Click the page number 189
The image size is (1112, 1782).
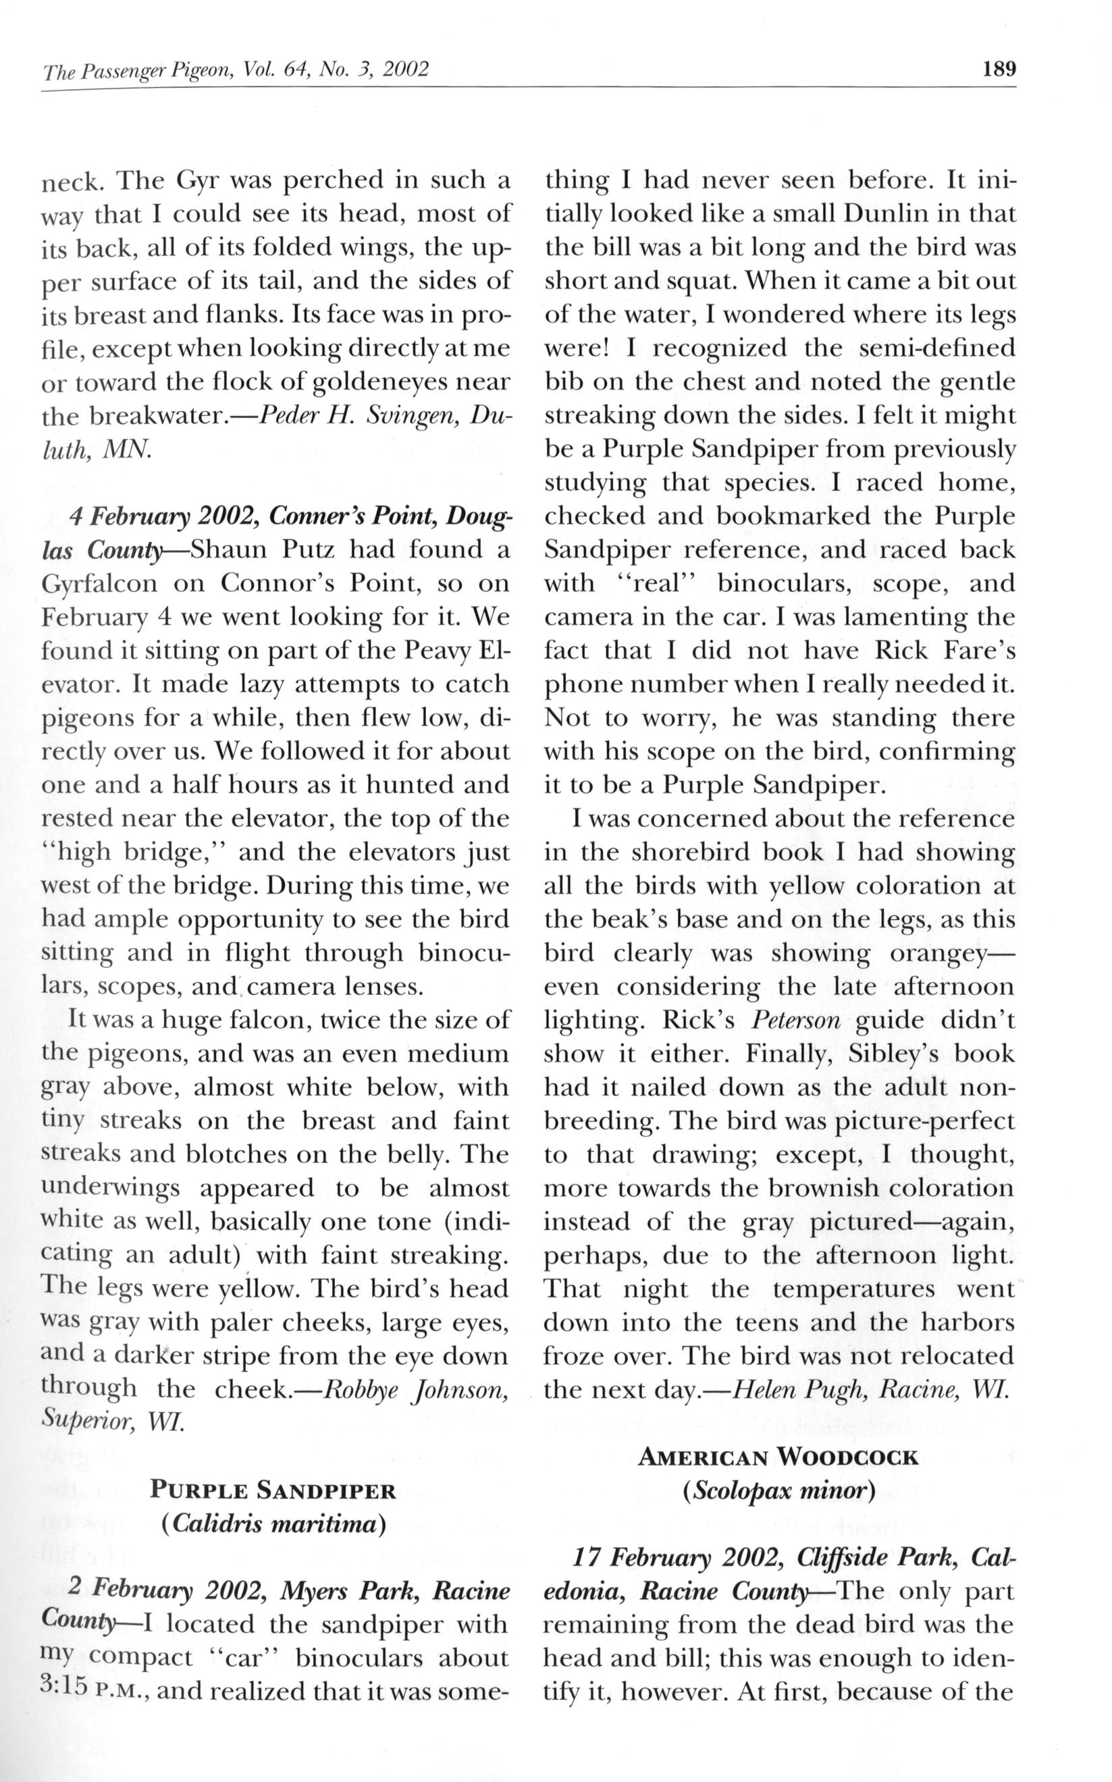point(998,70)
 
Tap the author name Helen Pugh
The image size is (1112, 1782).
point(800,1388)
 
